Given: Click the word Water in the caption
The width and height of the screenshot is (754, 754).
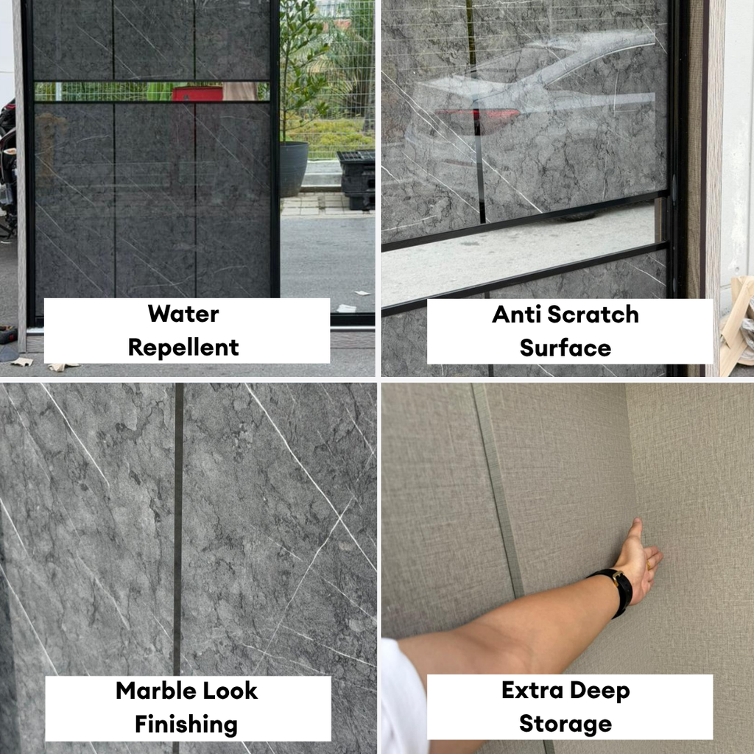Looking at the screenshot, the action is pos(183,314).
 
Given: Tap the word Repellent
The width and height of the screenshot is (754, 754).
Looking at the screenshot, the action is pos(183,348).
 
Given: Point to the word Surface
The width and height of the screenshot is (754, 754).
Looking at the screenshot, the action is pos(565,348).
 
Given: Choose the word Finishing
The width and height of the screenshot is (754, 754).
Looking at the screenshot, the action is pos(186,725).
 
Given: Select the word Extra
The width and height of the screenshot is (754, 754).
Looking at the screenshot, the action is pos(532,690).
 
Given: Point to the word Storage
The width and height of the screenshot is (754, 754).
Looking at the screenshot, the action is pos(565,725).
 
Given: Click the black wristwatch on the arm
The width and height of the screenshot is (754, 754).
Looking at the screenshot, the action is pos(615,590).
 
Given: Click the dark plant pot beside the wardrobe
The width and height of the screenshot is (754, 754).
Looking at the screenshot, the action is pos(293,169).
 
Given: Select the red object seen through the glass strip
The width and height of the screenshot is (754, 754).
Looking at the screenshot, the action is pos(197,94).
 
